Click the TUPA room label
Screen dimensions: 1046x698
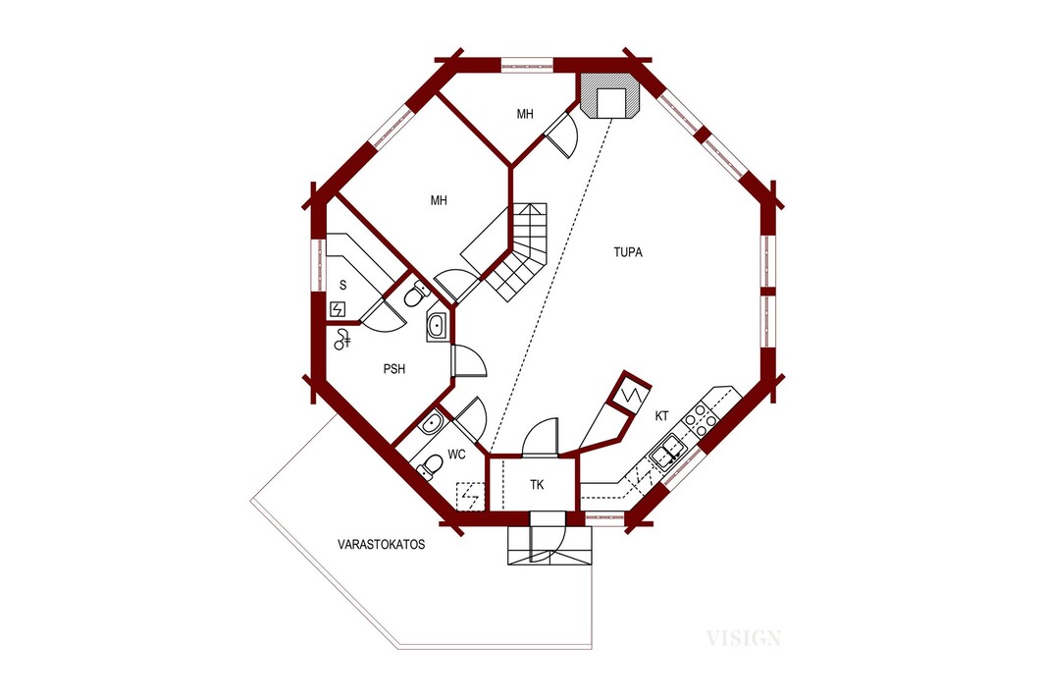coord(628,252)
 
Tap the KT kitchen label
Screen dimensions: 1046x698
coord(661,416)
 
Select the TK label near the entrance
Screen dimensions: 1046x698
coord(537,485)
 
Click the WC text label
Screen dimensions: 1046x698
coord(456,456)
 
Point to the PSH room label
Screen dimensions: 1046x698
coord(394,368)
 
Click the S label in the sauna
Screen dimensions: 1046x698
coord(342,286)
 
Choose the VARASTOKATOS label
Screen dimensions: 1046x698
coord(382,544)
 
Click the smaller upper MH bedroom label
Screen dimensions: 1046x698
coord(525,114)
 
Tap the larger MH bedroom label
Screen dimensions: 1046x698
coord(439,200)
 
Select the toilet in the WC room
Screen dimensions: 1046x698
coord(430,466)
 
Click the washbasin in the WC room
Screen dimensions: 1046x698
coord(431,422)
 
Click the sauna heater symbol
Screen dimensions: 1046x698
coord(338,309)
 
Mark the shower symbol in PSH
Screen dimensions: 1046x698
coord(342,339)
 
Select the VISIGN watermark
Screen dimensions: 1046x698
coord(743,639)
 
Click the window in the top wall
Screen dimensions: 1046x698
coord(527,65)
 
